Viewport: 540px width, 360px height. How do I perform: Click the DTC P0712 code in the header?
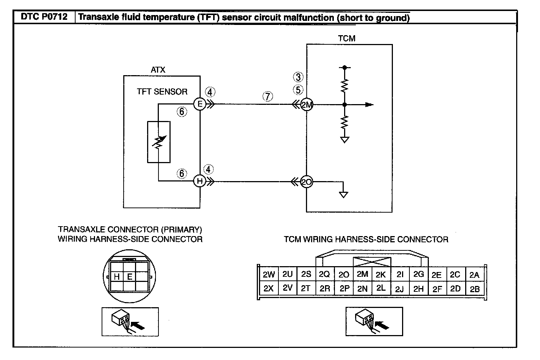click(x=44, y=17)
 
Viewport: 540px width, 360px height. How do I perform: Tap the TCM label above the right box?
click(x=346, y=38)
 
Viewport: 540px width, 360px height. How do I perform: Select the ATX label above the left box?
click(x=158, y=70)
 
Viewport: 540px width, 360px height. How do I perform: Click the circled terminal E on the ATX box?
click(x=200, y=104)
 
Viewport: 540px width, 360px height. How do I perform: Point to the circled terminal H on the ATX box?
click(x=200, y=181)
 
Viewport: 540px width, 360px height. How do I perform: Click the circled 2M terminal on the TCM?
click(x=307, y=104)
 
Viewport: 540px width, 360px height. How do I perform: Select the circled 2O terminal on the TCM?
click(x=306, y=182)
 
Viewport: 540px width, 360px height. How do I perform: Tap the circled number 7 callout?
click(x=267, y=96)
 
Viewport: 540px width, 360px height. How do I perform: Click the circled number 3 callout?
click(x=298, y=77)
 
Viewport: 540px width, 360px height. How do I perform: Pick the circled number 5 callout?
click(x=298, y=90)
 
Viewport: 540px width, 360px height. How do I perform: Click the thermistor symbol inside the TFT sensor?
click(x=159, y=142)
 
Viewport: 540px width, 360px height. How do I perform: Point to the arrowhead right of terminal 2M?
click(x=369, y=104)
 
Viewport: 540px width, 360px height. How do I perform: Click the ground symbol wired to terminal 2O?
click(x=343, y=195)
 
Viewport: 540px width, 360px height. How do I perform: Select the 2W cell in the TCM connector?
click(x=269, y=274)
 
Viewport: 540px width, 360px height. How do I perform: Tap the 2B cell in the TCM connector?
click(x=475, y=289)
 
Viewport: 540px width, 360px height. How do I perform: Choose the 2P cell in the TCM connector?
click(x=344, y=288)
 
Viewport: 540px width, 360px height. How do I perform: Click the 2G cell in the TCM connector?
click(x=419, y=274)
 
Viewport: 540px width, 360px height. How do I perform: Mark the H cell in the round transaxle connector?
click(x=117, y=276)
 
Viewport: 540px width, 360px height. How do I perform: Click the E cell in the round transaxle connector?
click(x=130, y=276)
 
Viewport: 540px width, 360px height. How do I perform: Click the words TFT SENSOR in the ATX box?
click(x=162, y=92)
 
